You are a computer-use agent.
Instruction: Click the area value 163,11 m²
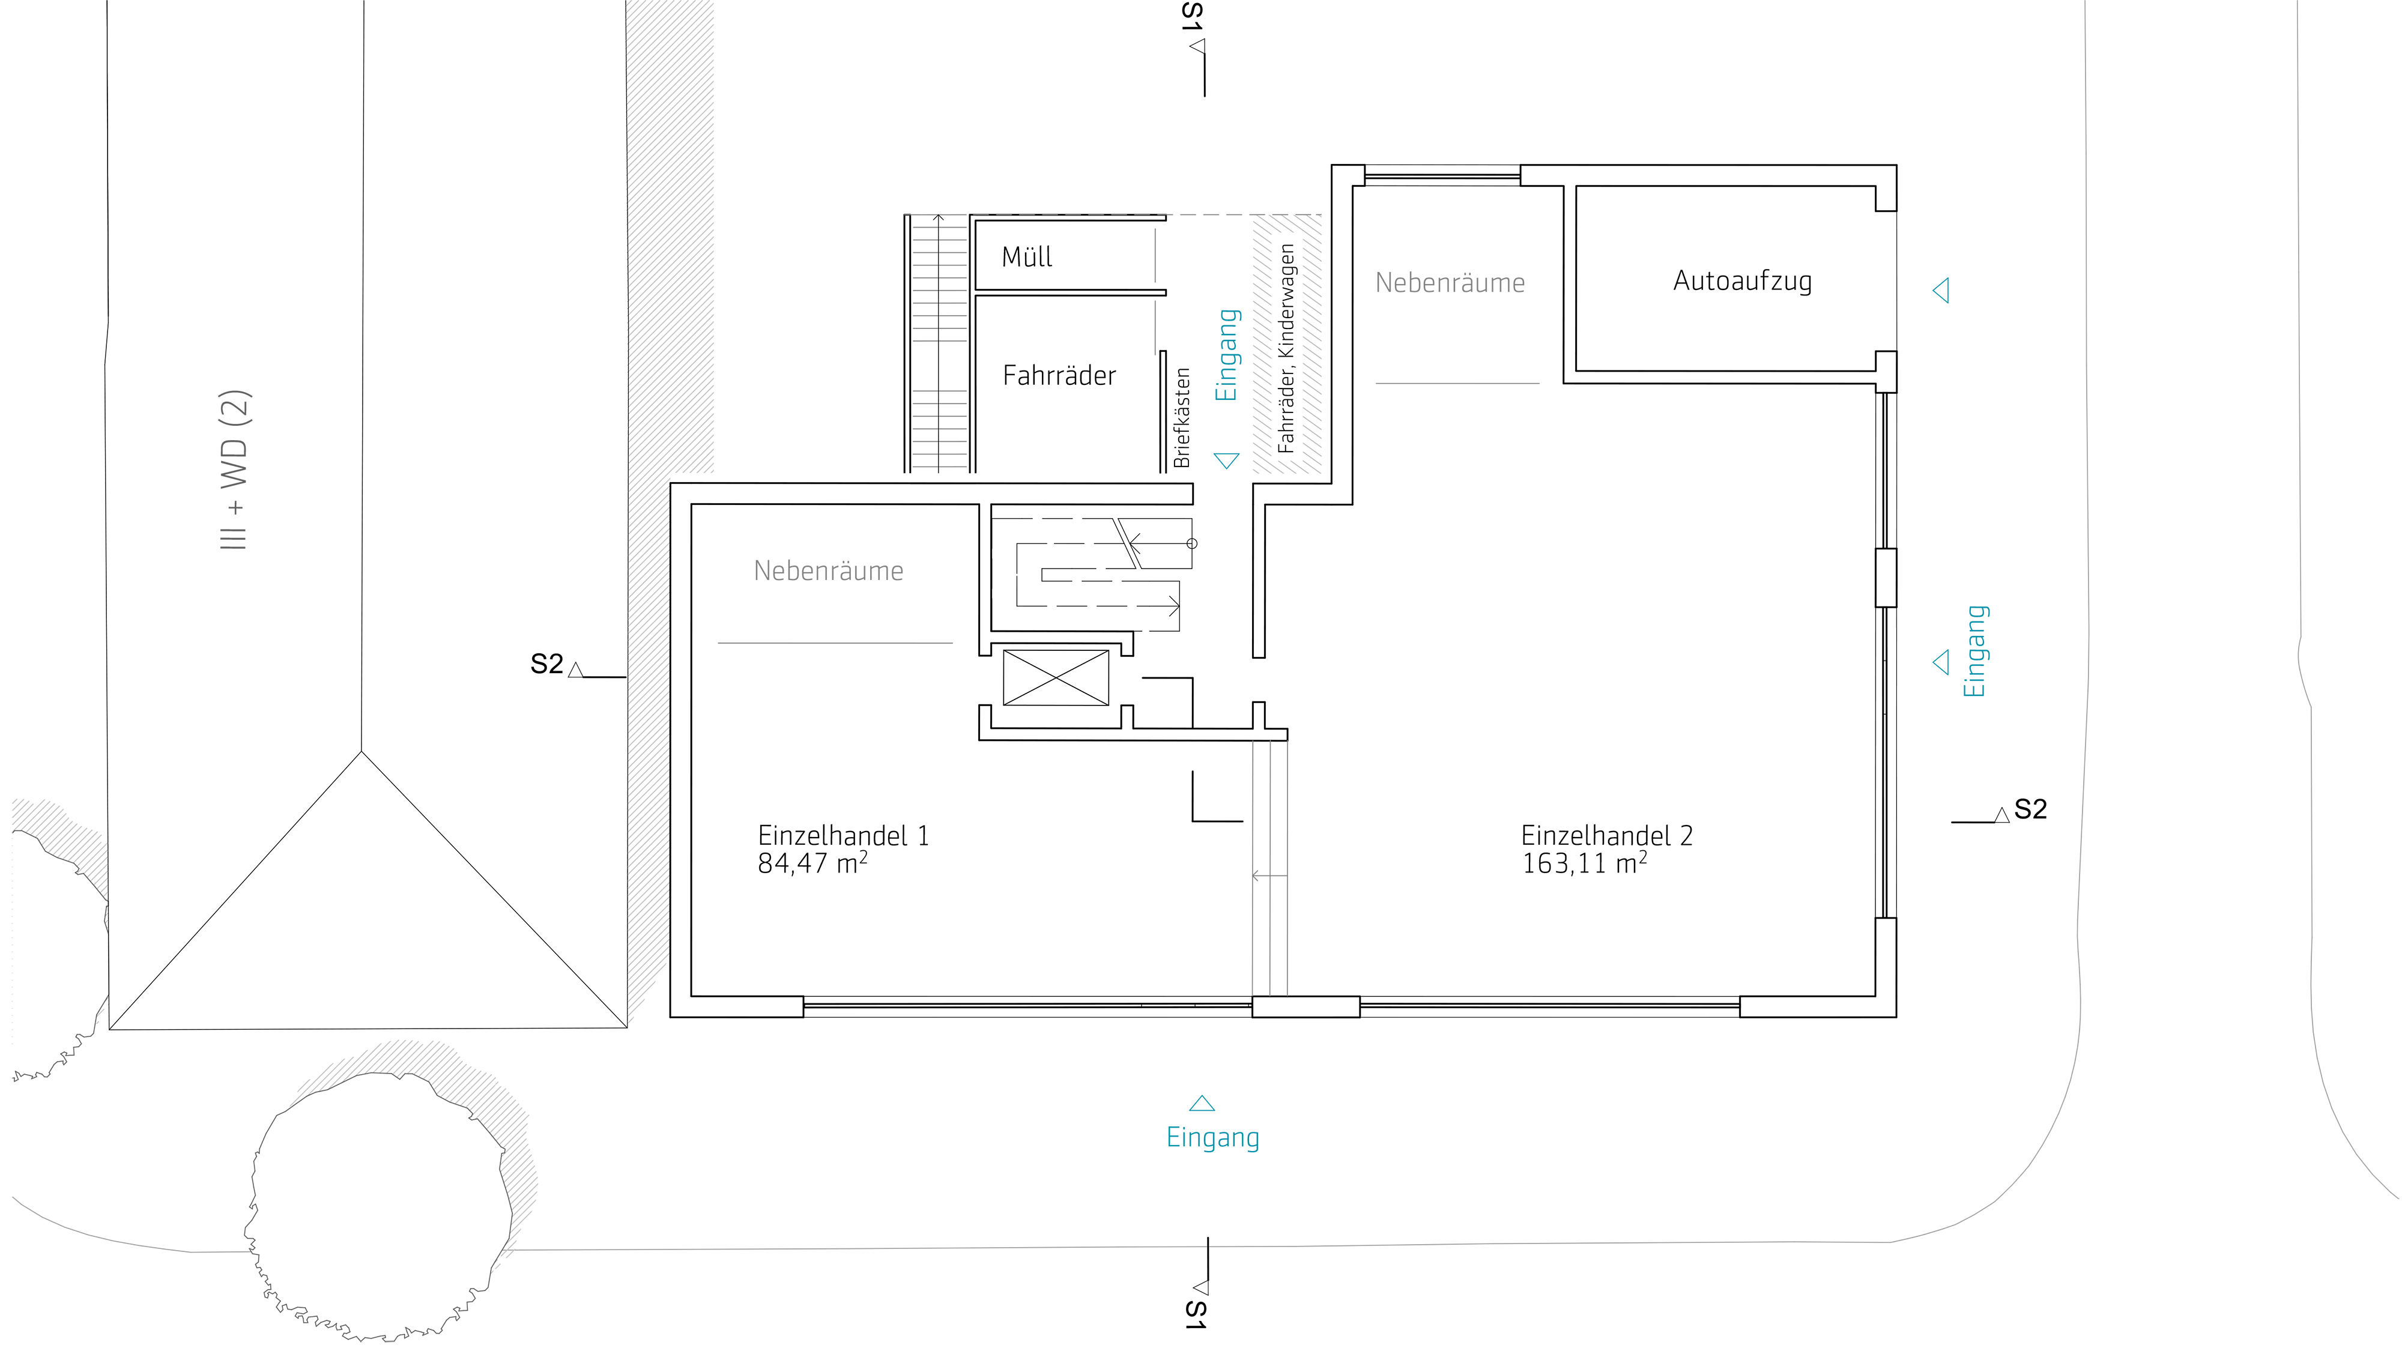pyautogui.click(x=1584, y=863)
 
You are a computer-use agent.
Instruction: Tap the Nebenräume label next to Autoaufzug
pyautogui.click(x=1450, y=282)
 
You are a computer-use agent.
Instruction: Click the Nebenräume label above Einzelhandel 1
pyautogui.click(x=829, y=570)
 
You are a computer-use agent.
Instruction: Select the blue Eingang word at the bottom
pyautogui.click(x=1213, y=1138)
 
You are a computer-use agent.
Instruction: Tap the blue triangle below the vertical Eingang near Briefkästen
pyautogui.click(x=1226, y=461)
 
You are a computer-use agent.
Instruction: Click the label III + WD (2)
pyautogui.click(x=235, y=470)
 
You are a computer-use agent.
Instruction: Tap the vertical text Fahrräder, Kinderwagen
pyautogui.click(x=1287, y=349)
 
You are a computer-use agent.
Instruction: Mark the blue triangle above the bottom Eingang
pyautogui.click(x=1202, y=1104)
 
